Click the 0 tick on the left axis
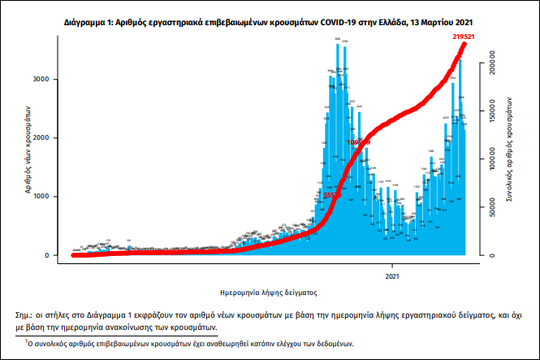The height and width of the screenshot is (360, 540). tap(56, 255)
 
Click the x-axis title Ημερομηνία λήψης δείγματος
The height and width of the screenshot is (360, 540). tap(268, 290)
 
